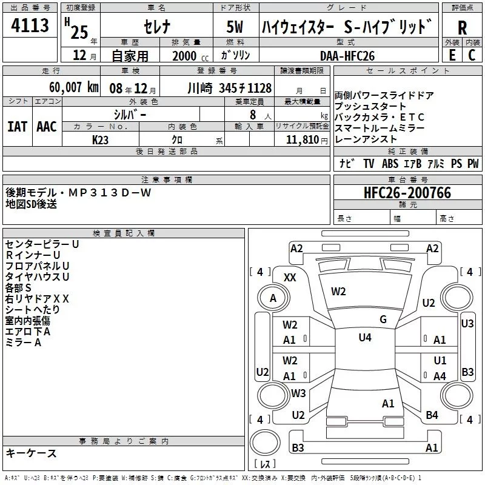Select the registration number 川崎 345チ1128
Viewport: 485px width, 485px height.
coord(229,87)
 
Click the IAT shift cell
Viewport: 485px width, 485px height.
coord(17,126)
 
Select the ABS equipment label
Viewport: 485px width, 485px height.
coord(390,164)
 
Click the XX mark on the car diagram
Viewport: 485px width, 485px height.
coord(290,277)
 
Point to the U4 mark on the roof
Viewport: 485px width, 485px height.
coord(364,338)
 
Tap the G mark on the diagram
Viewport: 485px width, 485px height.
coord(383,319)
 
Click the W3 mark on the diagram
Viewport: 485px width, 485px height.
coord(298,393)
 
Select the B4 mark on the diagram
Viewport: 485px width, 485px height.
coord(432,415)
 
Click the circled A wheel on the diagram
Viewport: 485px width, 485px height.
coord(273,298)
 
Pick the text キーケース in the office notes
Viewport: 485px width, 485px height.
coord(31,453)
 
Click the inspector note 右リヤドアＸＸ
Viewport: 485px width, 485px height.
coord(37,298)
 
